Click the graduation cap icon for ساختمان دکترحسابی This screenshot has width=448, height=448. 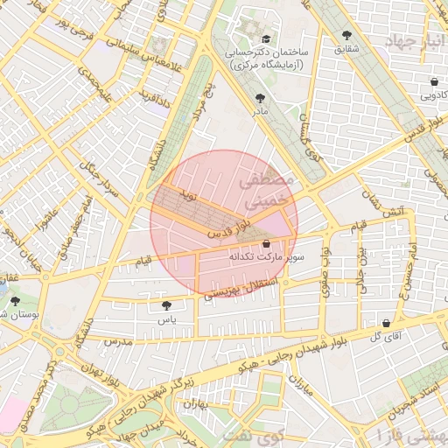(266, 38)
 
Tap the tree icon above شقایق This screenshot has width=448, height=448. (347, 36)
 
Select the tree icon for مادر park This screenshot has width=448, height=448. (260, 98)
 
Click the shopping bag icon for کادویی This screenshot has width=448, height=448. (434, 82)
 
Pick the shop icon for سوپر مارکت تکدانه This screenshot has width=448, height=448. (266, 244)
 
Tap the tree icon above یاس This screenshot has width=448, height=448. (167, 305)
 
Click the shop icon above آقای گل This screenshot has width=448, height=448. (386, 322)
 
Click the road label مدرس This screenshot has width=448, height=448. (115, 340)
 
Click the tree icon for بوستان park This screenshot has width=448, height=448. (17, 299)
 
